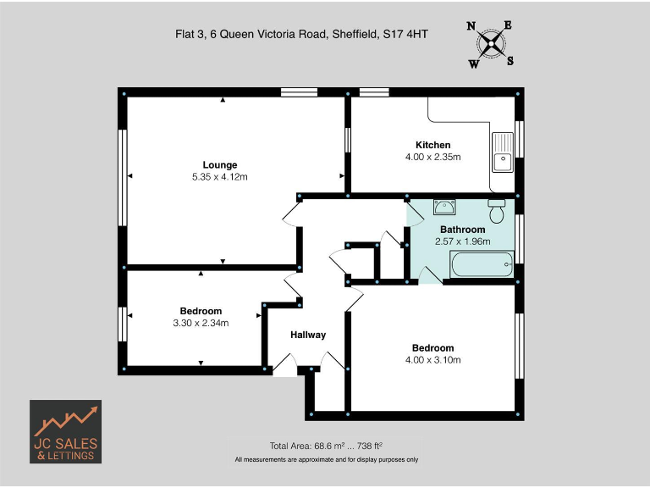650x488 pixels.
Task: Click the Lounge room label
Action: tap(219, 164)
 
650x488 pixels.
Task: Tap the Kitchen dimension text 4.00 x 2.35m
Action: tap(432, 157)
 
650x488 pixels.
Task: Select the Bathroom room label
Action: tap(462, 230)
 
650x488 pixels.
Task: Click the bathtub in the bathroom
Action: tap(482, 265)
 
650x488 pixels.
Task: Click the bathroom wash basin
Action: tap(444, 207)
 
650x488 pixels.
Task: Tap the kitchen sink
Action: tap(503, 151)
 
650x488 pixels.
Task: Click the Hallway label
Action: tap(307, 335)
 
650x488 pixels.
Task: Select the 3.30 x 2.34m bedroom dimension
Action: tap(201, 322)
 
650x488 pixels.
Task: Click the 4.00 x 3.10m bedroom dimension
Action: tap(432, 360)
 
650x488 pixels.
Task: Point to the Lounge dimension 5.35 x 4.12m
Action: tap(219, 176)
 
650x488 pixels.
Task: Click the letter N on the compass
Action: tap(471, 26)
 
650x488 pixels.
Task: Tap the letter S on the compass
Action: tap(510, 60)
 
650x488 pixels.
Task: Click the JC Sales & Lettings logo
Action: tap(66, 431)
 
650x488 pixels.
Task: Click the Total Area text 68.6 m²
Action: tap(304, 446)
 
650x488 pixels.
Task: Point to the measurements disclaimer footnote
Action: tap(326, 459)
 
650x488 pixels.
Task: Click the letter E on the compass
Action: tap(508, 25)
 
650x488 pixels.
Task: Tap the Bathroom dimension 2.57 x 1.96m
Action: tap(462, 241)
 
